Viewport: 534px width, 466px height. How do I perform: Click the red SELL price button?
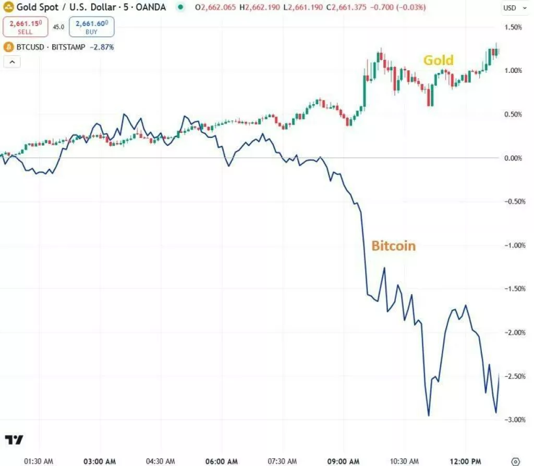coord(25,27)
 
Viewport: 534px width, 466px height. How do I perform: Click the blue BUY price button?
coord(91,27)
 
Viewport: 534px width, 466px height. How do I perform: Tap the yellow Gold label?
coord(438,60)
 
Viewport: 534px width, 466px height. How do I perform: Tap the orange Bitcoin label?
coord(393,246)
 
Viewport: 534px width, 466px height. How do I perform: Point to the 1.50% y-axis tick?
coord(514,27)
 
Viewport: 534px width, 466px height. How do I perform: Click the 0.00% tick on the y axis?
coord(514,158)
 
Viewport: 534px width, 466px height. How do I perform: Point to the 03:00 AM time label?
coord(100,461)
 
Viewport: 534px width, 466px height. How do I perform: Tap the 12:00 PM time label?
coord(466,461)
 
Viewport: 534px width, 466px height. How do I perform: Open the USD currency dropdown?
coord(512,8)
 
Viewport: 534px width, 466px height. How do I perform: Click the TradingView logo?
coord(14,440)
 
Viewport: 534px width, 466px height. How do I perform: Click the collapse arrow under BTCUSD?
coord(12,62)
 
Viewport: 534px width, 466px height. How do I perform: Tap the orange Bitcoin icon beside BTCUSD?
coord(8,47)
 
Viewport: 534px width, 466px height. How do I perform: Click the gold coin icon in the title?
coord(8,8)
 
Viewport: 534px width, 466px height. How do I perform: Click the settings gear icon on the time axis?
coord(515,461)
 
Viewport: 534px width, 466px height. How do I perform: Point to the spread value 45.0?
coord(58,27)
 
